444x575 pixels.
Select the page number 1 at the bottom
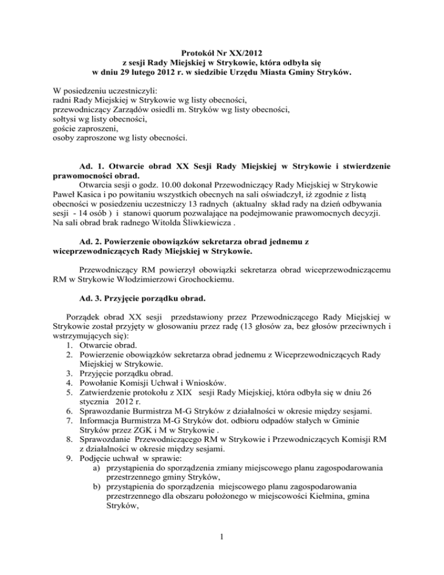click(x=221, y=551)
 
